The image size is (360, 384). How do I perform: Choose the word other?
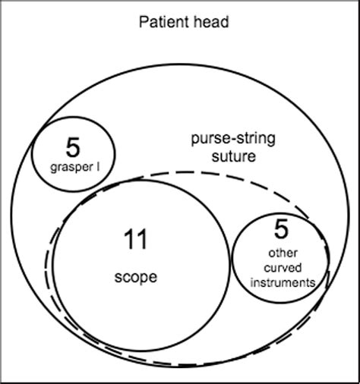coord(281,253)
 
